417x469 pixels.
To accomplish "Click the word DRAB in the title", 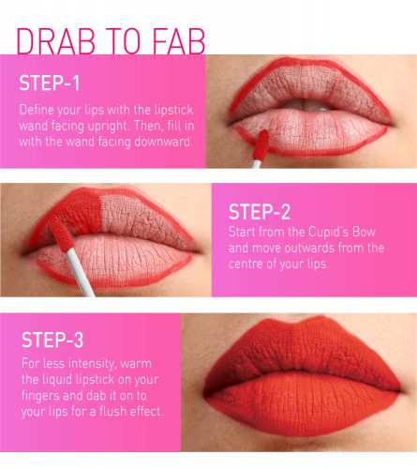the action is click(55, 41).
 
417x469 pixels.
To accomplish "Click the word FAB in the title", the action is click(179, 41).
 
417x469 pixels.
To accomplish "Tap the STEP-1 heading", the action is click(50, 83).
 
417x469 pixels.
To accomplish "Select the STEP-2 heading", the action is click(260, 212).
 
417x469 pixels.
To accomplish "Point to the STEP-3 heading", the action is click(52, 340).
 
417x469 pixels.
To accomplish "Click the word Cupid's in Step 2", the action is click(328, 232).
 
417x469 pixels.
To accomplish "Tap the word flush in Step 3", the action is click(112, 412).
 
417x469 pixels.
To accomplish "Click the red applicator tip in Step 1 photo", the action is click(261, 145).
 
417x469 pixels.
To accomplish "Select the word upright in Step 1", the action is click(107, 127).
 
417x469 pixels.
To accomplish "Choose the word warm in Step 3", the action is click(136, 364).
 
